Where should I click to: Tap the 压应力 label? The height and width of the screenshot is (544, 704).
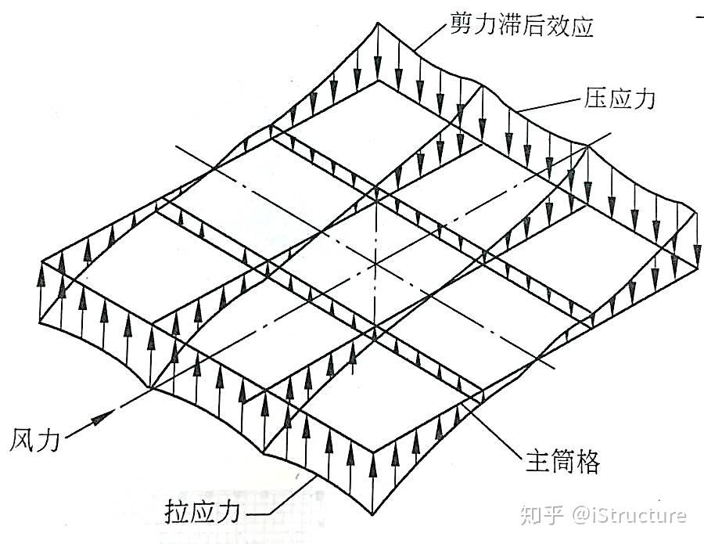(x=619, y=99)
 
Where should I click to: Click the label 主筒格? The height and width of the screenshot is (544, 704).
(x=560, y=462)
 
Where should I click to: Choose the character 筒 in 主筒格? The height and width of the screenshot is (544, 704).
(x=560, y=462)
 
